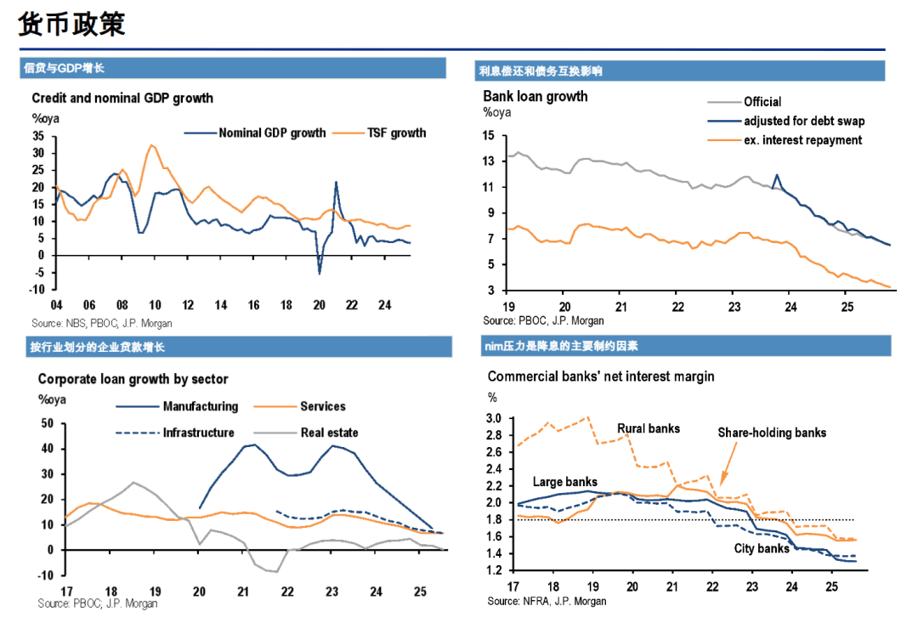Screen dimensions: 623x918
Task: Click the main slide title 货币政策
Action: coord(72,24)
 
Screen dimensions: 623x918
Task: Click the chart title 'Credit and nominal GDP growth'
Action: coord(122,99)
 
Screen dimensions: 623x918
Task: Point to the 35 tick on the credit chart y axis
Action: coord(37,136)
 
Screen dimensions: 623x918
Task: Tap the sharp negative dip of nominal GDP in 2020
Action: coord(320,273)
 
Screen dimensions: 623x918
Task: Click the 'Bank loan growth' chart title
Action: coord(535,96)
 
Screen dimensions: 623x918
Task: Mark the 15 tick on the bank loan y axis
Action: coord(488,136)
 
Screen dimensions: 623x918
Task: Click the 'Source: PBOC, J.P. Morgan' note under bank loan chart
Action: coord(543,320)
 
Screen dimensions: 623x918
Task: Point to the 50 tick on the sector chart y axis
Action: coord(48,423)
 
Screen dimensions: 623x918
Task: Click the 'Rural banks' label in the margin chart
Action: coord(648,428)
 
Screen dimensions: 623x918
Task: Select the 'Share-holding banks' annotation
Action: coord(772,433)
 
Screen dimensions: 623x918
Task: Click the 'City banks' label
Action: coord(762,548)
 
